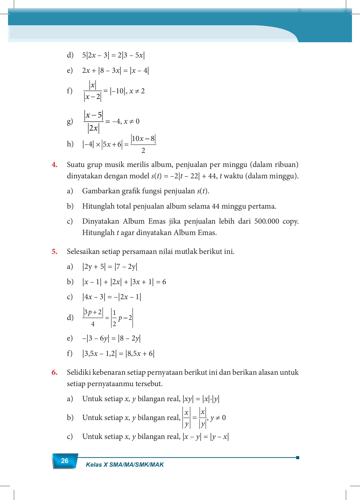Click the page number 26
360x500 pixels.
(x=64, y=461)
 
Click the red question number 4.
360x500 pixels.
(x=54, y=165)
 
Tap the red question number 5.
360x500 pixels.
(x=54, y=252)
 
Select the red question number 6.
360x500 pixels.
(x=54, y=372)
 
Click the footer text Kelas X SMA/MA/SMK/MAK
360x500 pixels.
(x=125, y=465)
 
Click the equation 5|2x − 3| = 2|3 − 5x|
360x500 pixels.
(x=113, y=55)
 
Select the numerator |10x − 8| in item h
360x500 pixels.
(x=143, y=138)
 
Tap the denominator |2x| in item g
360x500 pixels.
(x=93, y=128)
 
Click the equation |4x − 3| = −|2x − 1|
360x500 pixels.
(x=112, y=297)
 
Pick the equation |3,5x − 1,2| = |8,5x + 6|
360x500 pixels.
(x=118, y=354)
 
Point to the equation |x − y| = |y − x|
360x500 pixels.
(x=206, y=437)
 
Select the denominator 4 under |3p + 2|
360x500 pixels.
(x=93, y=324)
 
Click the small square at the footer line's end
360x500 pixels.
(x=298, y=457)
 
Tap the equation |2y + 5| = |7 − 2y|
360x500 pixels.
(x=110, y=267)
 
